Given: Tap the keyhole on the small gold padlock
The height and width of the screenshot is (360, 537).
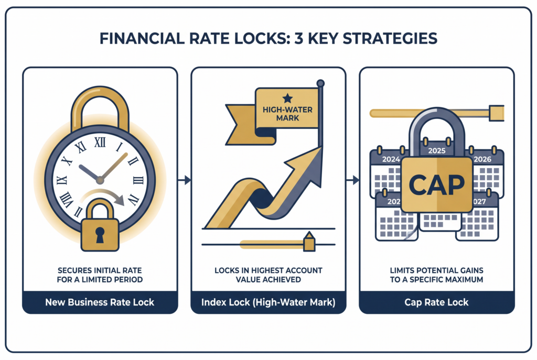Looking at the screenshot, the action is pyautogui.click(x=100, y=235).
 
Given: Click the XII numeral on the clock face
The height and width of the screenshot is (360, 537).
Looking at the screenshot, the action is pyautogui.click(x=100, y=143).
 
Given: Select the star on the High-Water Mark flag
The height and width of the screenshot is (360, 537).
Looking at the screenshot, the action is pyautogui.click(x=287, y=99).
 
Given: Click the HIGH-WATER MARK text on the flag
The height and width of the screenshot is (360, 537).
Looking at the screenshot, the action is pyautogui.click(x=287, y=114).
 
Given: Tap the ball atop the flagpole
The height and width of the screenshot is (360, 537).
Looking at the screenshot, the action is pyautogui.click(x=320, y=83).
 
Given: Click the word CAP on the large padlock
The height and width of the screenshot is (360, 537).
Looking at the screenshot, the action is pyautogui.click(x=437, y=185).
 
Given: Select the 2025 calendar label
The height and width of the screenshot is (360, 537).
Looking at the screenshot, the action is pyautogui.click(x=437, y=150).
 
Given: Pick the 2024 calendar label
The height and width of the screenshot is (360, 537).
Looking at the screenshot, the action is pyautogui.click(x=391, y=159).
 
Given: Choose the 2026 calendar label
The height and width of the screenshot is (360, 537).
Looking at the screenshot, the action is pyautogui.click(x=482, y=159).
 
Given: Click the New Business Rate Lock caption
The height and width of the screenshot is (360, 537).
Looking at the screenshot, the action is pyautogui.click(x=100, y=302).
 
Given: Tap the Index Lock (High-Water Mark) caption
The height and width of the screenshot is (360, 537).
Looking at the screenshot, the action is pyautogui.click(x=268, y=302).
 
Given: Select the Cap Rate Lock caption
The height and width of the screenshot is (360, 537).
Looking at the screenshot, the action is pyautogui.click(x=436, y=302).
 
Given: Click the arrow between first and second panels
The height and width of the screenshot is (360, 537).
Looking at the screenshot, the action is pyautogui.click(x=184, y=180).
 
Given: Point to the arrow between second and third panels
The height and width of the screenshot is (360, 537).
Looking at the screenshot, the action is pyautogui.click(x=353, y=180).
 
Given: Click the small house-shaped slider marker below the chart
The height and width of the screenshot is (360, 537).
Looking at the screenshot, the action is pyautogui.click(x=309, y=242).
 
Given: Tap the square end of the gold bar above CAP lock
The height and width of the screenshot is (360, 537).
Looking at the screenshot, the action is pyautogui.click(x=496, y=113).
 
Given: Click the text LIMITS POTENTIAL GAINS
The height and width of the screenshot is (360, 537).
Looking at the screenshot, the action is pyautogui.click(x=437, y=270).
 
